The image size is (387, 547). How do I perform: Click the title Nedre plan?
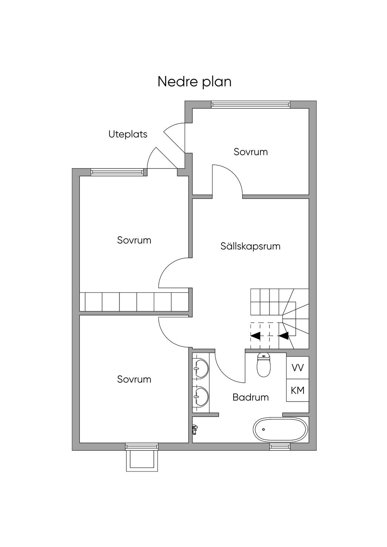[194, 82]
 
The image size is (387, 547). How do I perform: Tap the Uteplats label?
[128, 134]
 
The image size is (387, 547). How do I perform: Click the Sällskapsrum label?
[250, 246]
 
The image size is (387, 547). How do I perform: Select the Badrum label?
[251, 397]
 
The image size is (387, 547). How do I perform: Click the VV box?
[297, 368]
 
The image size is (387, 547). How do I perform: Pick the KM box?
[297, 390]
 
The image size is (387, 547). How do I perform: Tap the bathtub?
[280, 430]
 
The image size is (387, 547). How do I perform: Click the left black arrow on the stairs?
[255, 335]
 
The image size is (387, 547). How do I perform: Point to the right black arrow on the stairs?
[283, 335]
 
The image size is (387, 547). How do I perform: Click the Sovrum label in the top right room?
[251, 152]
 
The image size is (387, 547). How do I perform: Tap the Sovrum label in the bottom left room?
[134, 379]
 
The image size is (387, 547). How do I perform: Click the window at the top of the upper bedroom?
[251, 105]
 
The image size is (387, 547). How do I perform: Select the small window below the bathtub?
[280, 447]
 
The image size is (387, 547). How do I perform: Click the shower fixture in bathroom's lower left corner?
[195, 428]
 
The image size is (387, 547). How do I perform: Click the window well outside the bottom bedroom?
[142, 459]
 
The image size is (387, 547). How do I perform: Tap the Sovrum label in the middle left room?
[134, 240]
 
